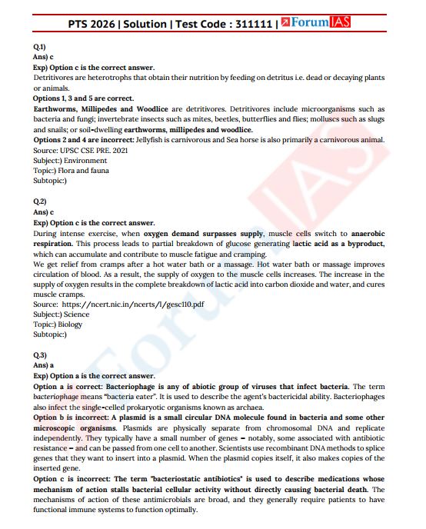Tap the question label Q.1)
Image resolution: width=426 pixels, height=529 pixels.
tap(39, 48)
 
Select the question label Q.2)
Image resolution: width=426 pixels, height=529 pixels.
tap(40, 201)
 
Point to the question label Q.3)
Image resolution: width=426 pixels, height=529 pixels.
tap(40, 354)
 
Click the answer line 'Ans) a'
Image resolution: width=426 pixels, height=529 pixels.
tap(44, 365)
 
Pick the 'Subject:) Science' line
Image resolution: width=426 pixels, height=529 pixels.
tap(61, 314)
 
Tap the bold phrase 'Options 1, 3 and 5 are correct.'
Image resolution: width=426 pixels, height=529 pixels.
tap(83, 99)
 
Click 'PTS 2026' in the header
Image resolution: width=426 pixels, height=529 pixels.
tap(93, 24)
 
